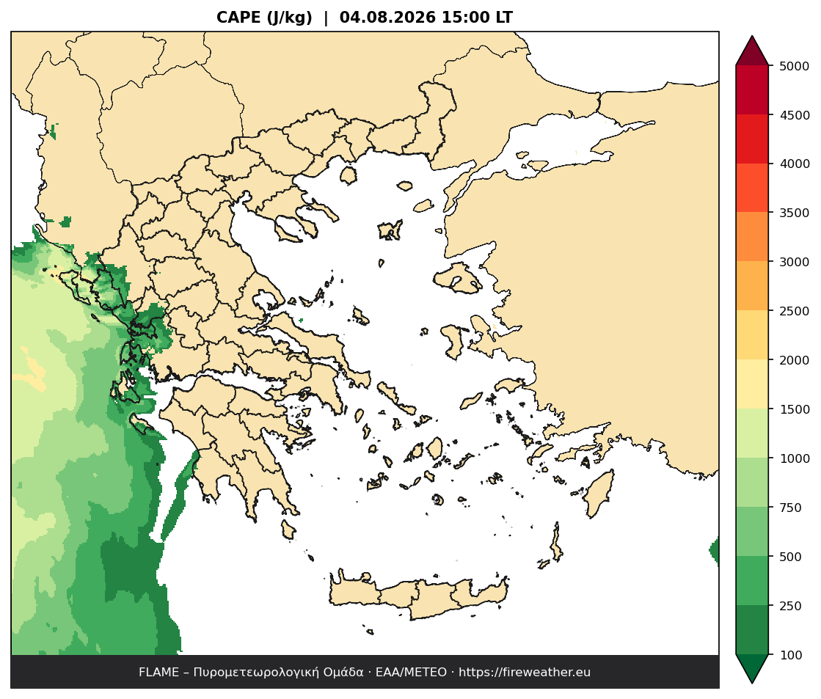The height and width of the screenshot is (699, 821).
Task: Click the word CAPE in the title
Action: click(x=238, y=18)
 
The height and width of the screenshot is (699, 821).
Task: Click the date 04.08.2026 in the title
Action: click(x=387, y=18)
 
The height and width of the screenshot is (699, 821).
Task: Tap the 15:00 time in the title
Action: click(x=466, y=18)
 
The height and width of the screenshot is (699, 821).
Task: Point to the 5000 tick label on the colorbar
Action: click(x=794, y=66)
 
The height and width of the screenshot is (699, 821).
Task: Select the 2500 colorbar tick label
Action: click(x=794, y=311)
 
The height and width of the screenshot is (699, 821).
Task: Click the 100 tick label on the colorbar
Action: click(x=791, y=655)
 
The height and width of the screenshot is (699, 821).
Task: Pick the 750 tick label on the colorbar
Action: click(x=791, y=508)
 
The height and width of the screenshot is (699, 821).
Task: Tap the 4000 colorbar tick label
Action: click(x=794, y=164)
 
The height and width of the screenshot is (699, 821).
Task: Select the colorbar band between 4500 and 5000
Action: click(x=752, y=90)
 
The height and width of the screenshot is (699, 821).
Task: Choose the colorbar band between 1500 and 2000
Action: click(x=752, y=384)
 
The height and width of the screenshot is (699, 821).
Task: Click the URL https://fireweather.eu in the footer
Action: click(x=524, y=673)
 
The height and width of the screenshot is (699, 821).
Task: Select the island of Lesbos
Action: click(x=458, y=277)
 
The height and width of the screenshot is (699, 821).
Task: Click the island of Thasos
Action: click(x=349, y=175)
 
